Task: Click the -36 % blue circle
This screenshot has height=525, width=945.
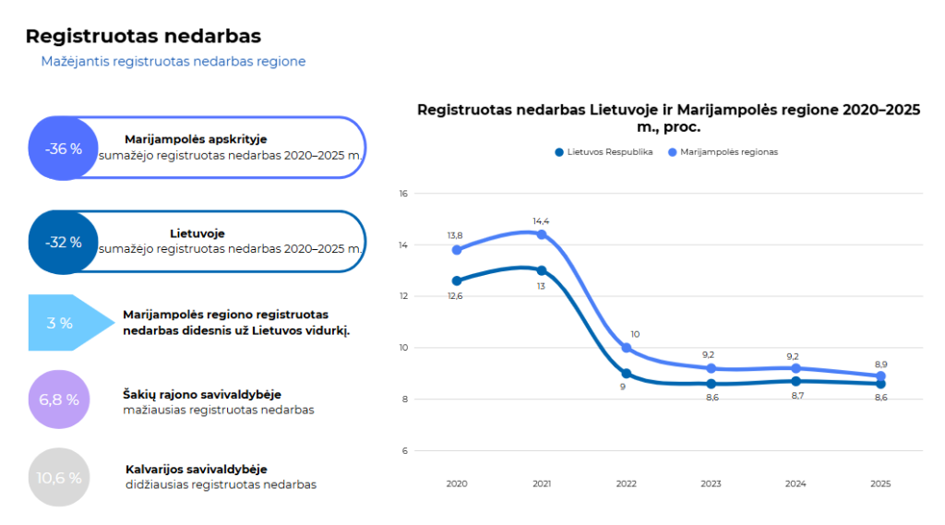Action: point(64,149)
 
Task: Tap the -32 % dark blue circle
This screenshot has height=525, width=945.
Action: point(64,243)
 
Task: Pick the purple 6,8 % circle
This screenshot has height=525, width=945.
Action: point(59,399)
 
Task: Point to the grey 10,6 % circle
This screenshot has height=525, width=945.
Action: point(59,477)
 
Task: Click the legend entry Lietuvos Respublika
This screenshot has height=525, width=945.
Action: point(604,152)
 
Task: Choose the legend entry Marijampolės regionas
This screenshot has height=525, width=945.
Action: point(724,152)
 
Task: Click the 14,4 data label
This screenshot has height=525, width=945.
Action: point(541,221)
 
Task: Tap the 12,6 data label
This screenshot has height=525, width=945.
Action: point(455,296)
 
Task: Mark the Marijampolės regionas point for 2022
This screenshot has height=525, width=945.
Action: point(627,348)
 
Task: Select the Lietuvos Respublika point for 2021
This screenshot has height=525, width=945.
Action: point(542,270)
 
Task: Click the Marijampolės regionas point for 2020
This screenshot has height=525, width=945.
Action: point(457,249)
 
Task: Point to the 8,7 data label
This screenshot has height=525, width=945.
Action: point(797,396)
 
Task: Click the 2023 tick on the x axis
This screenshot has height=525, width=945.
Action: point(711,483)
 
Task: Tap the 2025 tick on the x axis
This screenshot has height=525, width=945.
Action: point(880,483)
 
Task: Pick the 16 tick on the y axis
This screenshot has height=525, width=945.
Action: point(403,194)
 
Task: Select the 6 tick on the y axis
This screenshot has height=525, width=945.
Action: point(405,451)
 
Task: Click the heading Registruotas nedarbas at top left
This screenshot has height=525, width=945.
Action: point(143,36)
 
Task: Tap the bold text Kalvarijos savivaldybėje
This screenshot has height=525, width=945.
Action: point(197,469)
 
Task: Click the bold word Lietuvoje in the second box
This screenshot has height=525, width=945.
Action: point(197,233)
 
